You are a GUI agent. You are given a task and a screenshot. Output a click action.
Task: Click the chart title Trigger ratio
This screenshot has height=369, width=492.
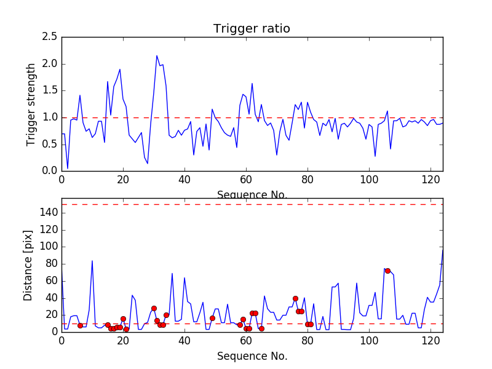(x=252, y=29)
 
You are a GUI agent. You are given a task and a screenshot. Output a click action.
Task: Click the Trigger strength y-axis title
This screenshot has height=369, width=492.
(x=31, y=104)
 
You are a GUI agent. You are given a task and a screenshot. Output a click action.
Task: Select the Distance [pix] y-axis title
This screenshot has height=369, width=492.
(x=28, y=264)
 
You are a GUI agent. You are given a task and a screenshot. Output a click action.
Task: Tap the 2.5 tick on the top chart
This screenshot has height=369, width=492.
(x=50, y=37)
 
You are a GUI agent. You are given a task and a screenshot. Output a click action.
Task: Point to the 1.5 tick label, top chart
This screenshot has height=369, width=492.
(x=50, y=90)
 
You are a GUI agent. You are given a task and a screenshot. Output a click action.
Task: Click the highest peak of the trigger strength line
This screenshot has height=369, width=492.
(x=157, y=56)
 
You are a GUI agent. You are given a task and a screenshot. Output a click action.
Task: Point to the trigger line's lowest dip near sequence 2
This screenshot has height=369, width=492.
(x=68, y=168)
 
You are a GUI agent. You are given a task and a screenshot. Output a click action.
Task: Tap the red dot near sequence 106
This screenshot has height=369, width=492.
(x=387, y=271)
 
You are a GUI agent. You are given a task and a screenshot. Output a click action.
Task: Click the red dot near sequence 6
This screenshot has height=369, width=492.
(x=80, y=325)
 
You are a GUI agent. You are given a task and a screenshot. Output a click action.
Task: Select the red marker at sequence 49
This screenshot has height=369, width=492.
(x=212, y=318)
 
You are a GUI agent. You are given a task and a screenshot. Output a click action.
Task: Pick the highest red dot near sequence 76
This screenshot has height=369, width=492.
(x=295, y=298)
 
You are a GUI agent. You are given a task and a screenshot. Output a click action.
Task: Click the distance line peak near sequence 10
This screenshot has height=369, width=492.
(x=92, y=261)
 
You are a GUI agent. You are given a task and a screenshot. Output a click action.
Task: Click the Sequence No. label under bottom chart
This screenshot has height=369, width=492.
(x=252, y=356)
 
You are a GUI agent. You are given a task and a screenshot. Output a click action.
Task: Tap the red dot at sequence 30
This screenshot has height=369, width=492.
(x=154, y=308)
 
